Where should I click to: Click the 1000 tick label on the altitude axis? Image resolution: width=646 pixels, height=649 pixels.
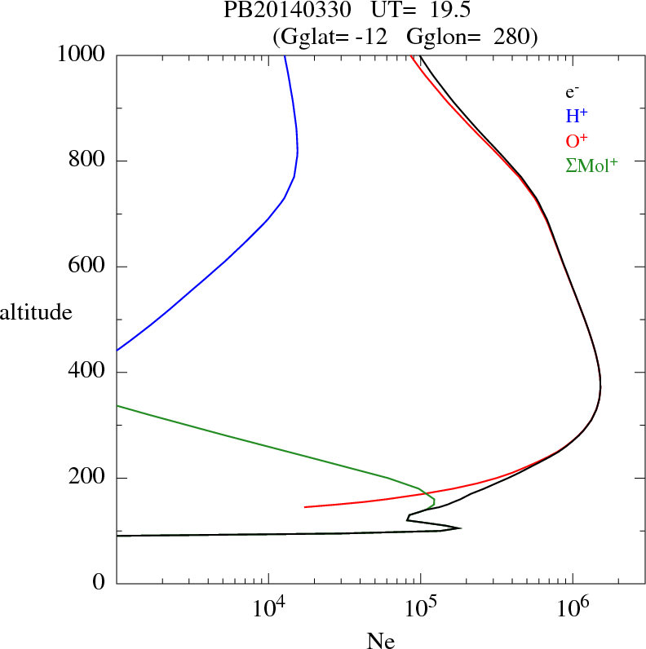pos(81,55)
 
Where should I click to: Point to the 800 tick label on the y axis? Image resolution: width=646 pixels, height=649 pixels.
pos(87,161)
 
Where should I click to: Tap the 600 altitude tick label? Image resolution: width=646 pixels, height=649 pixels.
pos(87,267)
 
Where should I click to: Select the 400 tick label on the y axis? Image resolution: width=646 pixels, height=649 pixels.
pos(87,373)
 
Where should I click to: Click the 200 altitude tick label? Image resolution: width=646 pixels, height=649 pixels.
pos(87,478)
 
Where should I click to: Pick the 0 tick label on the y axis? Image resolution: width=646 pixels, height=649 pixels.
pos(100,583)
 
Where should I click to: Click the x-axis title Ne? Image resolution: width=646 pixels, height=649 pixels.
pos(381,641)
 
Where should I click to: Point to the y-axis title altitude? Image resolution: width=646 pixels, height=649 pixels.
pos(36,311)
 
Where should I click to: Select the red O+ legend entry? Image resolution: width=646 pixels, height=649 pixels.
pos(577,140)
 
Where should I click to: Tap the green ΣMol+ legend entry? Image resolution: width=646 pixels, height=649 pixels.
pos(591,165)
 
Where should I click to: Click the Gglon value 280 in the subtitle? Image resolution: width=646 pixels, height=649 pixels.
pos(514,37)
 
